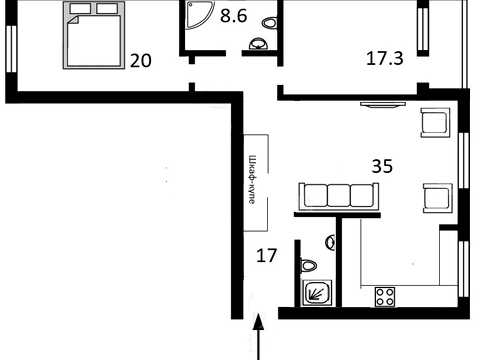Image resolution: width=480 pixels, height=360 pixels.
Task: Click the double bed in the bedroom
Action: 94,35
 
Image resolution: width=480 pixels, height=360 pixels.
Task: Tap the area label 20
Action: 141,61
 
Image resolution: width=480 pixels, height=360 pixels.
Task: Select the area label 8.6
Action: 233,16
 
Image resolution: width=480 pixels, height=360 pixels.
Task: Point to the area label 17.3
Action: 385,58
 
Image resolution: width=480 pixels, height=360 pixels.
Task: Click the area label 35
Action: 382,166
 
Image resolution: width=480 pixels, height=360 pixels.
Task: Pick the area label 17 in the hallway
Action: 267,256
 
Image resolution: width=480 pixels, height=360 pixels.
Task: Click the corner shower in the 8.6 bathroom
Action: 200,15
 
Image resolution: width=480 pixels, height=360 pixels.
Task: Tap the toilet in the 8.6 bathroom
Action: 270,23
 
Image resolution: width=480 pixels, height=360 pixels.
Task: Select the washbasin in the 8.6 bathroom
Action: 258,44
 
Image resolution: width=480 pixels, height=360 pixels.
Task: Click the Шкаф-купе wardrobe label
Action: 253,180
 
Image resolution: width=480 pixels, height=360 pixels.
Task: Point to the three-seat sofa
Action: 339,196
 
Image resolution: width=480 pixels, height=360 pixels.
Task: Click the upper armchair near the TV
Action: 435,122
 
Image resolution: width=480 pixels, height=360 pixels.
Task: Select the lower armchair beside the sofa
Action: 438,198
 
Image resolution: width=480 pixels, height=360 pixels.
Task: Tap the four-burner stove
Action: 385,297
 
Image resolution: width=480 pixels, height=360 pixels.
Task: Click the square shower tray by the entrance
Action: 317,292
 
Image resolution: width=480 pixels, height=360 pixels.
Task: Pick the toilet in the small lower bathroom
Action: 309,266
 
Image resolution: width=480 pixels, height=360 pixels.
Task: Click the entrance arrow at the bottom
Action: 258,337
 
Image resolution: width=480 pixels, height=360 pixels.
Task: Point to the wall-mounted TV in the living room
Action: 383,105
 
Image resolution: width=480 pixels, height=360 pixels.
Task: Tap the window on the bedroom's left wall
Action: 11,49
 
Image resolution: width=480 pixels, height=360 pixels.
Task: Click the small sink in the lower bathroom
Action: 330,242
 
